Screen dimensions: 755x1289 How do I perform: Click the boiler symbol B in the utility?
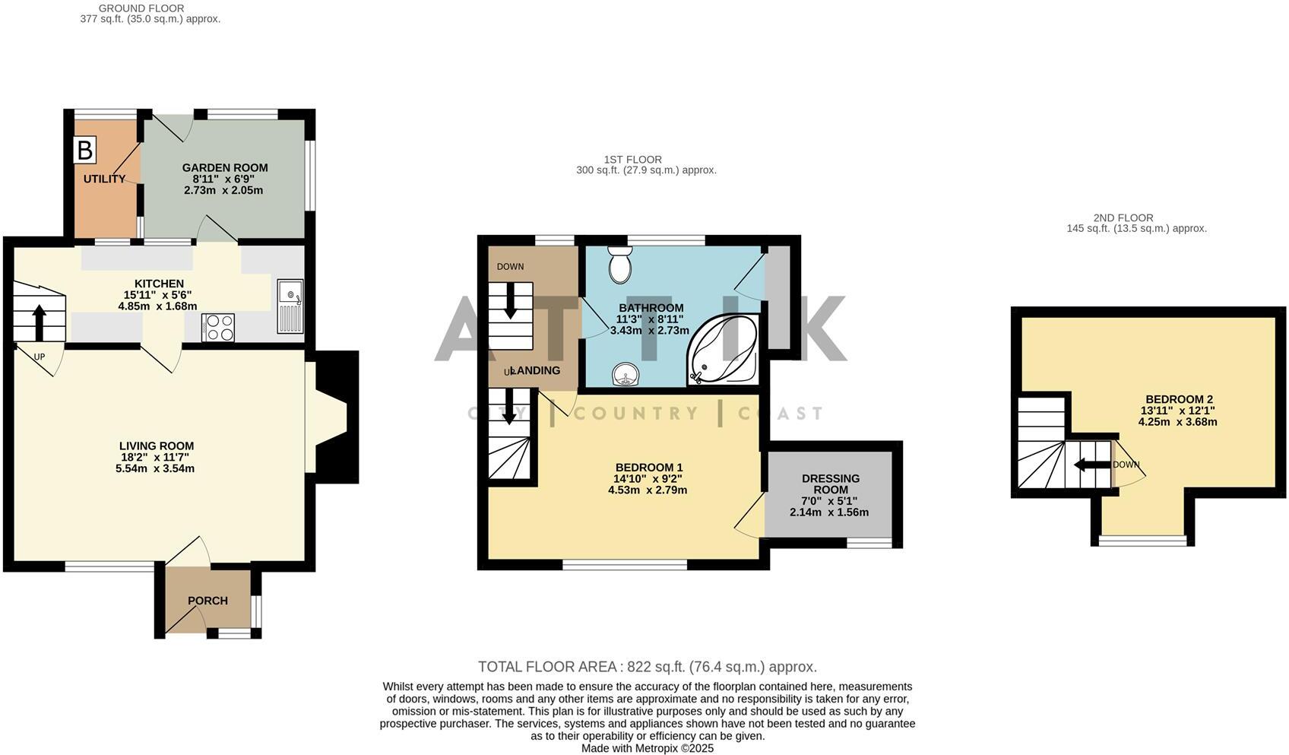pyautogui.click(x=85, y=150)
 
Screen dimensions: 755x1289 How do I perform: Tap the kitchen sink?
pyautogui.click(x=290, y=306)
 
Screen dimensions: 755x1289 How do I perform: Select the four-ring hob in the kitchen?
pyautogui.click(x=218, y=328)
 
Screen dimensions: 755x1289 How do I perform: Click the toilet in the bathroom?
pyautogui.click(x=621, y=264)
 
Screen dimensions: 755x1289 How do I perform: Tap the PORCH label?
pyautogui.click(x=207, y=601)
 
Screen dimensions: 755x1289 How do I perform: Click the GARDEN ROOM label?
pyautogui.click(x=225, y=168)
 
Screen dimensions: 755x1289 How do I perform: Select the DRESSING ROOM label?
pyautogui.click(x=831, y=484)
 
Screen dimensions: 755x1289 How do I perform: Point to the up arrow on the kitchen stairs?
pyautogui.click(x=38, y=322)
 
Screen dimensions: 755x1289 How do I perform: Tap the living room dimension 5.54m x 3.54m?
pyautogui.click(x=156, y=468)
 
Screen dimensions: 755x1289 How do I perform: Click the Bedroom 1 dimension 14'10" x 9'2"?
pyautogui.click(x=648, y=479)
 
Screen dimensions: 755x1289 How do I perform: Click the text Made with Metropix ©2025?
pyautogui.click(x=647, y=748)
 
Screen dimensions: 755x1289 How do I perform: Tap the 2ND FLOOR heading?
pyautogui.click(x=1123, y=217)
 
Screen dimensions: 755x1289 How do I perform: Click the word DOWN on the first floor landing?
pyautogui.click(x=510, y=267)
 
